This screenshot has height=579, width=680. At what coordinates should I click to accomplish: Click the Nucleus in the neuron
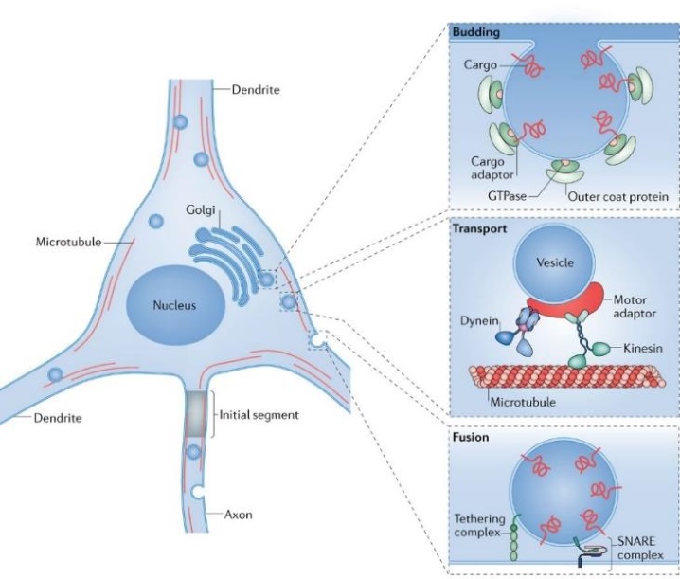click(x=177, y=307)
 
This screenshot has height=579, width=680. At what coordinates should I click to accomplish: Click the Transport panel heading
click(x=482, y=230)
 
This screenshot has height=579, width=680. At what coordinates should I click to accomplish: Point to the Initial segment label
click(x=258, y=414)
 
